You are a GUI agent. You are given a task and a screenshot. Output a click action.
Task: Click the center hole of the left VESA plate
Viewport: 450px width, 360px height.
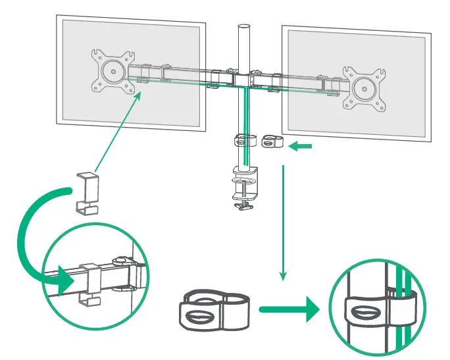[114, 71]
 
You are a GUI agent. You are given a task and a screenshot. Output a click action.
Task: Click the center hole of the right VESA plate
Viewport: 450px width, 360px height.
[362, 88]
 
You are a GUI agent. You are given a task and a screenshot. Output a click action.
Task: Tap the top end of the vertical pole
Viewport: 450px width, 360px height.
[243, 28]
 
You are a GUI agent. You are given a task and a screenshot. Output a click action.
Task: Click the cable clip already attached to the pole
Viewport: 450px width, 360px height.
[244, 140]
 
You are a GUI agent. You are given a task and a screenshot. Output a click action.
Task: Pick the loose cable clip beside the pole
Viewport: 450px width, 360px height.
[270, 142]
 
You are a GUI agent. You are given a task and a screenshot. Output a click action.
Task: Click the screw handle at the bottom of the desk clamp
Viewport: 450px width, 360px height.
[244, 205]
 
